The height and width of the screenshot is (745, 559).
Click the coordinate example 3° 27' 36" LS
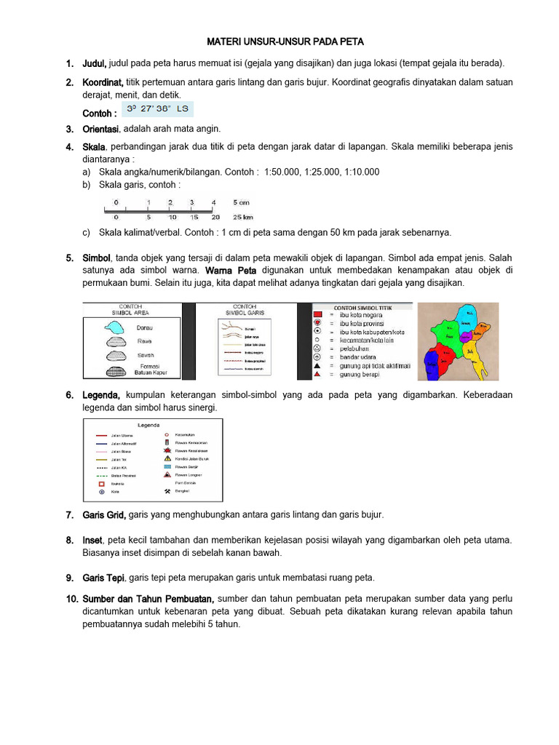[x=157, y=110]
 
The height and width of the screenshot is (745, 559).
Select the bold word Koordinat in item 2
[x=103, y=82]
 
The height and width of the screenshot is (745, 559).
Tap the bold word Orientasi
[x=101, y=129]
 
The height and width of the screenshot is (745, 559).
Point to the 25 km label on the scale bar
[x=242, y=217]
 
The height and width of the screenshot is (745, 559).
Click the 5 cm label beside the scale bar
[x=241, y=202]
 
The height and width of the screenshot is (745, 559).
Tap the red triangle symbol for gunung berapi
[x=317, y=373]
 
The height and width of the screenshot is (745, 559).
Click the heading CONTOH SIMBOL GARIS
[x=245, y=309]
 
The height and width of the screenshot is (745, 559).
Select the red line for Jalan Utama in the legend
[x=101, y=436]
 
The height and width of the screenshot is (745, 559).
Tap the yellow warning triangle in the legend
[x=167, y=459]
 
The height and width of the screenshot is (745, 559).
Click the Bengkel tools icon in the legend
[x=167, y=490]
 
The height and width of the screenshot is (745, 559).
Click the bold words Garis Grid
[x=104, y=514]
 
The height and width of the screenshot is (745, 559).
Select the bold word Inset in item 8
[x=92, y=540]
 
